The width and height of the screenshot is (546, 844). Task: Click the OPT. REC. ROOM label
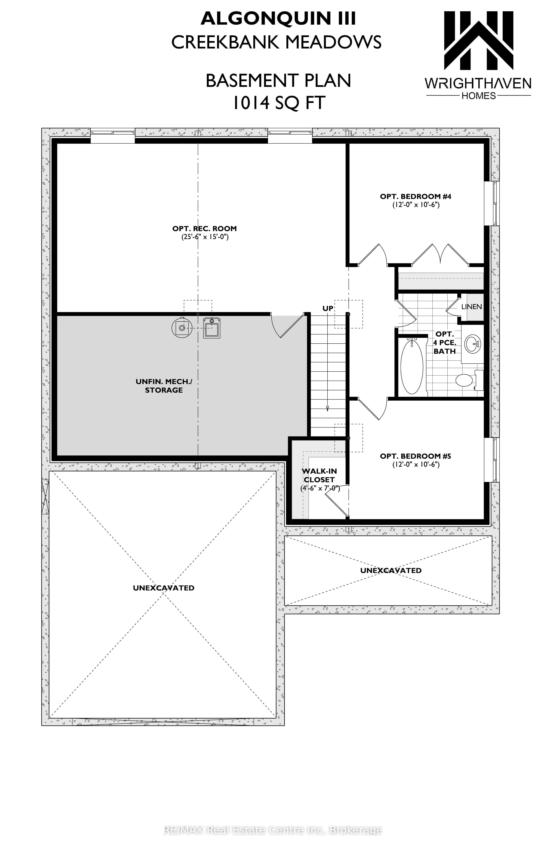point(205,229)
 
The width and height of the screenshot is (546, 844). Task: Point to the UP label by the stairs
point(328,308)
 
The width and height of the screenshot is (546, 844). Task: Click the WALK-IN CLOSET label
point(319,476)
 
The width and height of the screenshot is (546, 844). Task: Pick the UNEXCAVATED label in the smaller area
point(391,571)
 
